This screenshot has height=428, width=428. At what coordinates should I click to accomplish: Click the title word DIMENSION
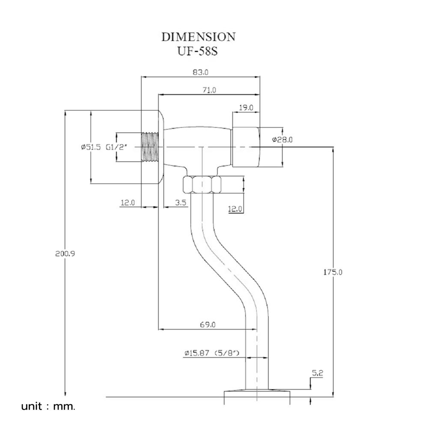click(x=198, y=37)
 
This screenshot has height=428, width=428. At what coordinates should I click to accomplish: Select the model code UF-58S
click(x=198, y=51)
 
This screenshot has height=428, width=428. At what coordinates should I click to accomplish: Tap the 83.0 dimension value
click(x=200, y=73)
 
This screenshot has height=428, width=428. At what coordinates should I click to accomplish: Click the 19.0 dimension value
click(x=246, y=107)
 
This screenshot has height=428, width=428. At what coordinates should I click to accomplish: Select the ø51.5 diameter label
click(x=90, y=147)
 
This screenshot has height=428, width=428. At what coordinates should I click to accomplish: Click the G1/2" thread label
click(x=116, y=147)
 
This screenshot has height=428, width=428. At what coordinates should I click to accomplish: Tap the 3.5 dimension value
click(x=181, y=202)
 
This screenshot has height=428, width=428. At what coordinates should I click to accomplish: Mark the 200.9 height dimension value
click(x=65, y=253)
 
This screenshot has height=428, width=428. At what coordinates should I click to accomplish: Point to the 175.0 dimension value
click(x=332, y=272)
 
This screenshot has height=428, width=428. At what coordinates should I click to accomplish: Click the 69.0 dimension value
click(x=208, y=325)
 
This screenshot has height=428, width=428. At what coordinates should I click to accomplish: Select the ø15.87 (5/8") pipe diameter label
click(x=212, y=354)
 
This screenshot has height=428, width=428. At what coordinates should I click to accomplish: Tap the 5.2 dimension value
click(x=317, y=373)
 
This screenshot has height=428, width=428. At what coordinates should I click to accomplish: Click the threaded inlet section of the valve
click(x=150, y=147)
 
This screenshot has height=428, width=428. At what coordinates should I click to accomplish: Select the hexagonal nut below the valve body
click(x=202, y=184)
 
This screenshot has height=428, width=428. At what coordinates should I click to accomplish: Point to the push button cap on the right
click(x=245, y=147)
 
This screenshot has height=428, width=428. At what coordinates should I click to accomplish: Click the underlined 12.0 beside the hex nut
click(x=235, y=209)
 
